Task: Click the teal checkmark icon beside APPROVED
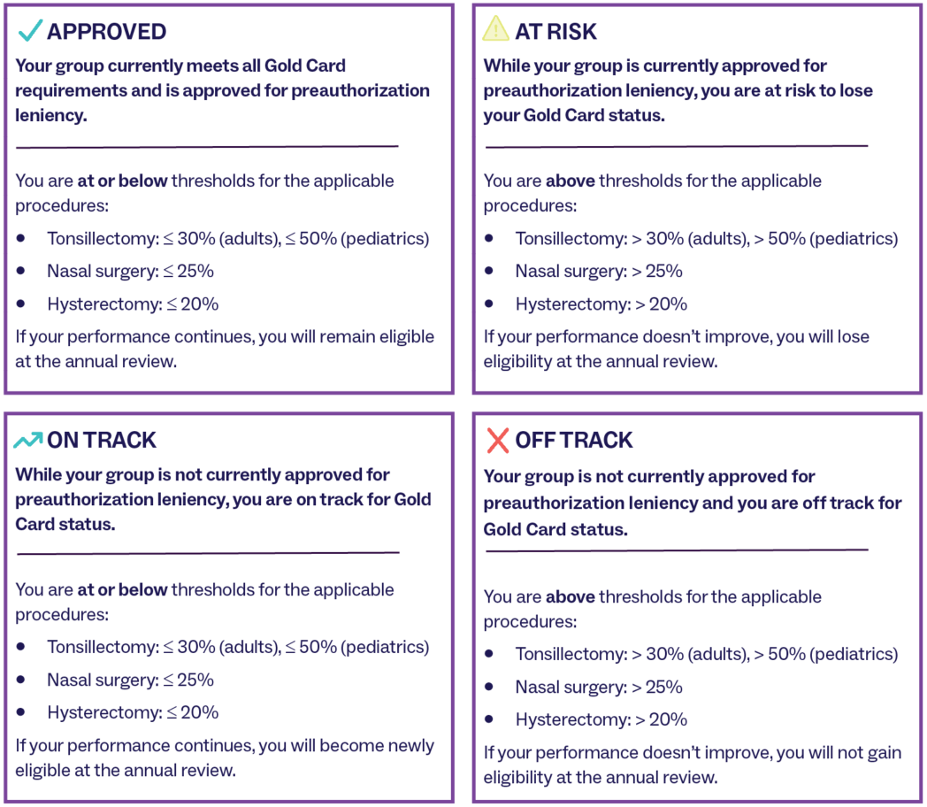(29, 30)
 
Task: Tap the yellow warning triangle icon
(495, 28)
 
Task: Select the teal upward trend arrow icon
(27, 441)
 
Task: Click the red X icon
(497, 441)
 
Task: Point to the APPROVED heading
(106, 31)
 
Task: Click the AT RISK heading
(555, 31)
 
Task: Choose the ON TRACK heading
(102, 441)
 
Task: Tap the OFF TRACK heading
(574, 441)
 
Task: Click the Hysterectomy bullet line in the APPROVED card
(133, 304)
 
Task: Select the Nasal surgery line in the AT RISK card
(599, 271)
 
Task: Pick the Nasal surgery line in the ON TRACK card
(131, 680)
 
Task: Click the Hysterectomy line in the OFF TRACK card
(601, 719)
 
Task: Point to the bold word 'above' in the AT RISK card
(570, 181)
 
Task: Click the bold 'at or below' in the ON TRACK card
(122, 589)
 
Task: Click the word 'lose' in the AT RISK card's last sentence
(853, 336)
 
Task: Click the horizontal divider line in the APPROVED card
(207, 147)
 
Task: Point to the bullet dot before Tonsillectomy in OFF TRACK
(489, 653)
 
